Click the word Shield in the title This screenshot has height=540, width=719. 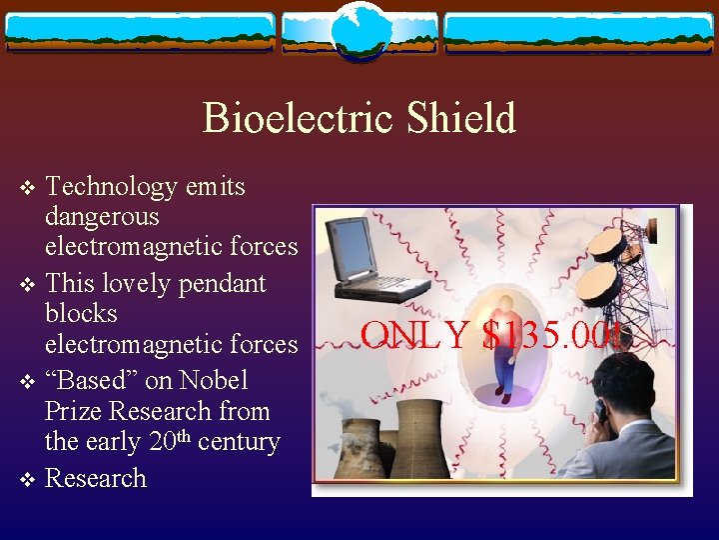(461, 118)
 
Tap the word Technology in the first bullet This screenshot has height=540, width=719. (110, 187)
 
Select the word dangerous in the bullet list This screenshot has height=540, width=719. (102, 216)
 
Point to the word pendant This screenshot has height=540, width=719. (221, 284)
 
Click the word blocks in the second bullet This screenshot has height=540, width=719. (81, 314)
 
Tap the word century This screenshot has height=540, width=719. (239, 441)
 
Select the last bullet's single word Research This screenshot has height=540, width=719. (96, 478)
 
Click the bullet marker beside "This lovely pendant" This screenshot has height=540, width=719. (28, 285)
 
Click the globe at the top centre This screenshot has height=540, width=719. (359, 30)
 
